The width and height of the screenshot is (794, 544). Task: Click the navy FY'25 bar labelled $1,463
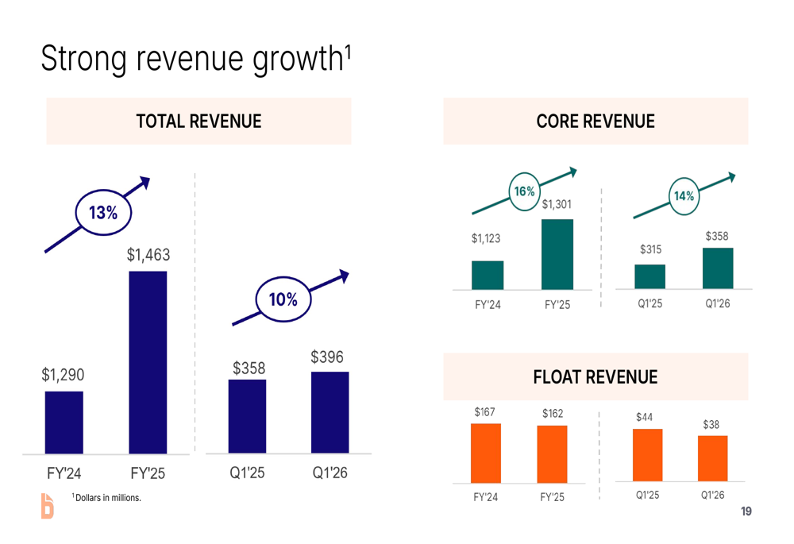148,362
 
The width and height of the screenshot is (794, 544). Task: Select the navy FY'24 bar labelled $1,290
64,422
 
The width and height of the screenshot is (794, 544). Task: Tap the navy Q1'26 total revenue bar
330,412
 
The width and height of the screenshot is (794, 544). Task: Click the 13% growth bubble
103,213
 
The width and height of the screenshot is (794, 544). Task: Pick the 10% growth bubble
283,299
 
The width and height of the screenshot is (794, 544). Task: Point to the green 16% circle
524,192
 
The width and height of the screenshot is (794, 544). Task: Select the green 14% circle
684,195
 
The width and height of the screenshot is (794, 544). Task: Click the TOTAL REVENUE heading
198,122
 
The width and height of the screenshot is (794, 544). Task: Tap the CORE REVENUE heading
595,122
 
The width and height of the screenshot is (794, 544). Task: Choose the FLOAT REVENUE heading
595,376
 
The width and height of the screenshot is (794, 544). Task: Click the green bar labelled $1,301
557,254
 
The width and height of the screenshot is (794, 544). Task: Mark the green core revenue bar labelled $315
649,276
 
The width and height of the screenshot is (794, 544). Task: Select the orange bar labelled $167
485,453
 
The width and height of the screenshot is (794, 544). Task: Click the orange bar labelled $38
712,458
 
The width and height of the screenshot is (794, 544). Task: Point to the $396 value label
327,357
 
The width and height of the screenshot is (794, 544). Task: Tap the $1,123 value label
486,238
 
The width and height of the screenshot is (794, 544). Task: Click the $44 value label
645,417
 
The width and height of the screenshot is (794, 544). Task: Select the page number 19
746,511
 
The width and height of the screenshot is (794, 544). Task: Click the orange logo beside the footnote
48,506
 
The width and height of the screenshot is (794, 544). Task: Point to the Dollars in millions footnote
106,498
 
